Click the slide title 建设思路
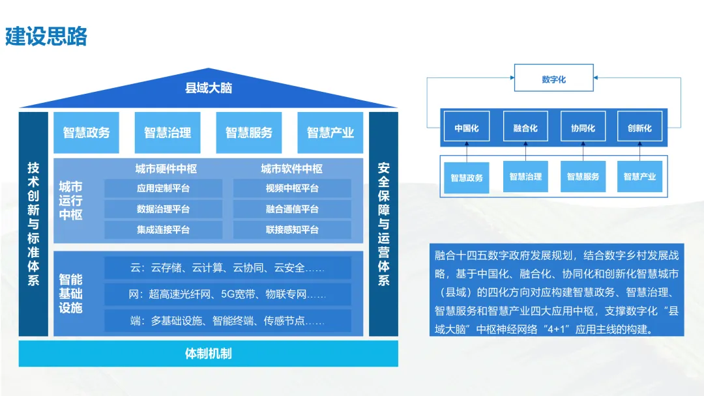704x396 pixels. (46, 36)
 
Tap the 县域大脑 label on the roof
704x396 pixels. (209, 88)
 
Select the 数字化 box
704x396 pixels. (553, 79)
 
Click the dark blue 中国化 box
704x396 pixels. (466, 128)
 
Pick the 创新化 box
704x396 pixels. (639, 128)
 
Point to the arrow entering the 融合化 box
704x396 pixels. (524, 151)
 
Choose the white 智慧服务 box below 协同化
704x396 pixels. (582, 177)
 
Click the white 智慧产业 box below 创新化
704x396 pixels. (639, 177)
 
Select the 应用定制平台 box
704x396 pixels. (163, 189)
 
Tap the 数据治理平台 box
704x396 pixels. (163, 209)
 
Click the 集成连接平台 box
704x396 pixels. (163, 230)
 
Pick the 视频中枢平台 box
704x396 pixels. (292, 189)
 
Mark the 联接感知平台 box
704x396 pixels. (292, 230)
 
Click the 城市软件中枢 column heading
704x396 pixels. (292, 169)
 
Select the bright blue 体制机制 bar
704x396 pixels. (209, 354)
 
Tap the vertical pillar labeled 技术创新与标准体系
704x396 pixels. (34, 223)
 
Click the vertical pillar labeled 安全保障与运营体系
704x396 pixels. (383, 223)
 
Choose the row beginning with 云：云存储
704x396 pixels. (227, 268)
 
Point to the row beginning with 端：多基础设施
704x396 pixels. (227, 321)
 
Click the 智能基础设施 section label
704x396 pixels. (71, 293)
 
